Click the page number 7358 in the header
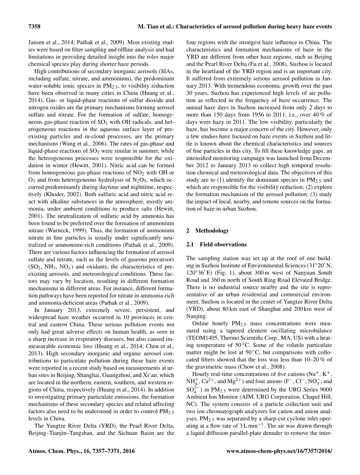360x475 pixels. coord(35,26)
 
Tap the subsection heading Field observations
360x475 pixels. coord(223,244)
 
